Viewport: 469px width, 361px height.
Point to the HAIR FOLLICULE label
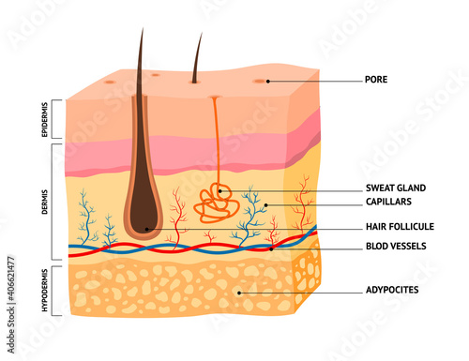pyautogui.click(x=398, y=227)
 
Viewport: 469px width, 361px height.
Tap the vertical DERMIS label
pyautogui.click(x=46, y=201)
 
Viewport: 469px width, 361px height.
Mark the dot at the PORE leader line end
pyautogui.click(x=267, y=82)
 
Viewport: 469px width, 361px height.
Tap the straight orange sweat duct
pyautogui.click(x=216, y=141)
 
